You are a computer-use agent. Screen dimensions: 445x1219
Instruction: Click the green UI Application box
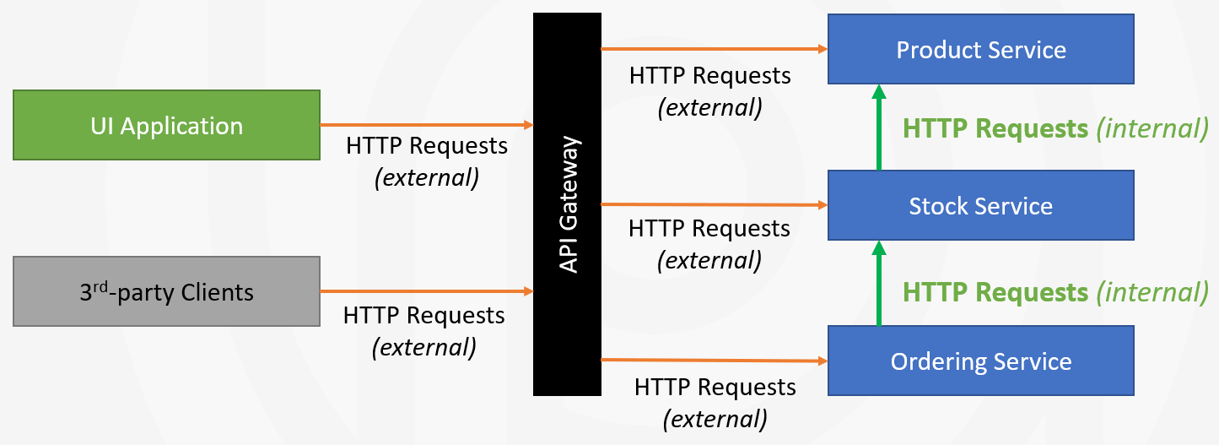(166, 126)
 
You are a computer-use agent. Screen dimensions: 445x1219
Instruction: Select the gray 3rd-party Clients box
(166, 292)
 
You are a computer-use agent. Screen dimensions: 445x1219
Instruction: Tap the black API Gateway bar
(567, 204)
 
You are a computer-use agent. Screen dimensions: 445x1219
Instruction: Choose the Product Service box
(980, 49)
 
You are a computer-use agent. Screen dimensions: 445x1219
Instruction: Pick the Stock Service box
(980, 205)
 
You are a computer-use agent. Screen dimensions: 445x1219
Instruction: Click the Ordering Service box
(980, 361)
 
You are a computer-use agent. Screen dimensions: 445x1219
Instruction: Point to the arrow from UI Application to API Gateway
(426, 125)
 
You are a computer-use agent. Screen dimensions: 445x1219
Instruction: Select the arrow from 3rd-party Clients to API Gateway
(426, 291)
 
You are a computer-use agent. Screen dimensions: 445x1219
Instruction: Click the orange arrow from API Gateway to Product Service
(714, 49)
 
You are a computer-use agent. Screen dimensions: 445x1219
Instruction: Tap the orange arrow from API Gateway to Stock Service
(714, 204)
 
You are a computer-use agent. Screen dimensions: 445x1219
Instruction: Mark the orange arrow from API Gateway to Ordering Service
(714, 361)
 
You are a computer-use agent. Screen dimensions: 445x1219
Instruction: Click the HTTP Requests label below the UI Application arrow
(427, 146)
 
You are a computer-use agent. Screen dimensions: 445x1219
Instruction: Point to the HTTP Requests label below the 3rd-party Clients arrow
(424, 316)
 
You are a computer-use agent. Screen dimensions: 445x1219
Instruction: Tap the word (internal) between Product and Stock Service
(1152, 129)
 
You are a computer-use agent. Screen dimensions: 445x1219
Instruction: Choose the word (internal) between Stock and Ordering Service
(1152, 293)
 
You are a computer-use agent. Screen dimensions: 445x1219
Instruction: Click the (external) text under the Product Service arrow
(709, 107)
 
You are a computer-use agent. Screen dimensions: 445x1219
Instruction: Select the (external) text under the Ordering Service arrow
(715, 418)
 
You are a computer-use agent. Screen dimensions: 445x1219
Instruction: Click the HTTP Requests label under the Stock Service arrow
(709, 229)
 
